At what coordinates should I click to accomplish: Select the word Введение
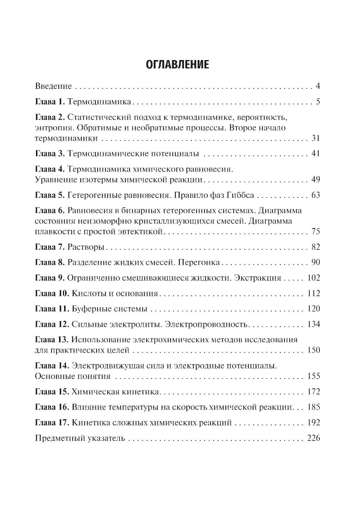click(x=53, y=86)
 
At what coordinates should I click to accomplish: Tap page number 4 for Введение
click(x=318, y=86)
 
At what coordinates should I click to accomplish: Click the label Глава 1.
click(x=50, y=102)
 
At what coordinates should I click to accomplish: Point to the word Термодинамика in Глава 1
click(x=99, y=102)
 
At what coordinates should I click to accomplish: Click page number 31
click(x=315, y=139)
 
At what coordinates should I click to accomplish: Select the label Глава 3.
click(x=50, y=154)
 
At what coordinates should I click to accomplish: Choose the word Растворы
click(x=86, y=247)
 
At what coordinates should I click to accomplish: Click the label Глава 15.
click(x=52, y=392)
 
